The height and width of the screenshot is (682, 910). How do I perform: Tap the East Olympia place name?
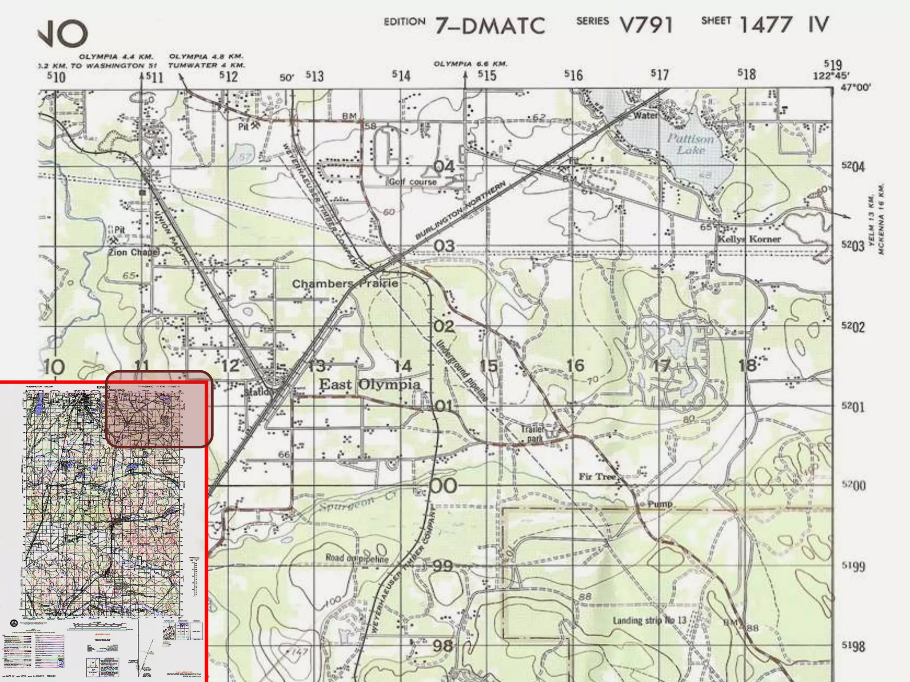[370, 385]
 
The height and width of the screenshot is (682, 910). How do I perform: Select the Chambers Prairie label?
[345, 283]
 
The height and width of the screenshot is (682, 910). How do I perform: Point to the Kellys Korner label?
[749, 239]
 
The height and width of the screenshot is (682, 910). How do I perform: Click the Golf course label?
[413, 182]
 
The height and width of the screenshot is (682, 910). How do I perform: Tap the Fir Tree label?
[597, 476]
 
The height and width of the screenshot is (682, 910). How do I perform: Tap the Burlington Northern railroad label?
[460, 210]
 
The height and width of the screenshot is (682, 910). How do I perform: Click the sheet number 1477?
[766, 24]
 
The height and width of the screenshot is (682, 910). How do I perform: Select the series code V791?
[646, 25]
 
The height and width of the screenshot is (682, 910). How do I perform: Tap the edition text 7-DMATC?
[490, 26]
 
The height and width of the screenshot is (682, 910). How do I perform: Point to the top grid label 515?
[487, 75]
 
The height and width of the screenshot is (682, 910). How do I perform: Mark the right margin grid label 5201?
[853, 407]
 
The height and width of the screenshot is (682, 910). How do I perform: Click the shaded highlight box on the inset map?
[159, 408]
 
